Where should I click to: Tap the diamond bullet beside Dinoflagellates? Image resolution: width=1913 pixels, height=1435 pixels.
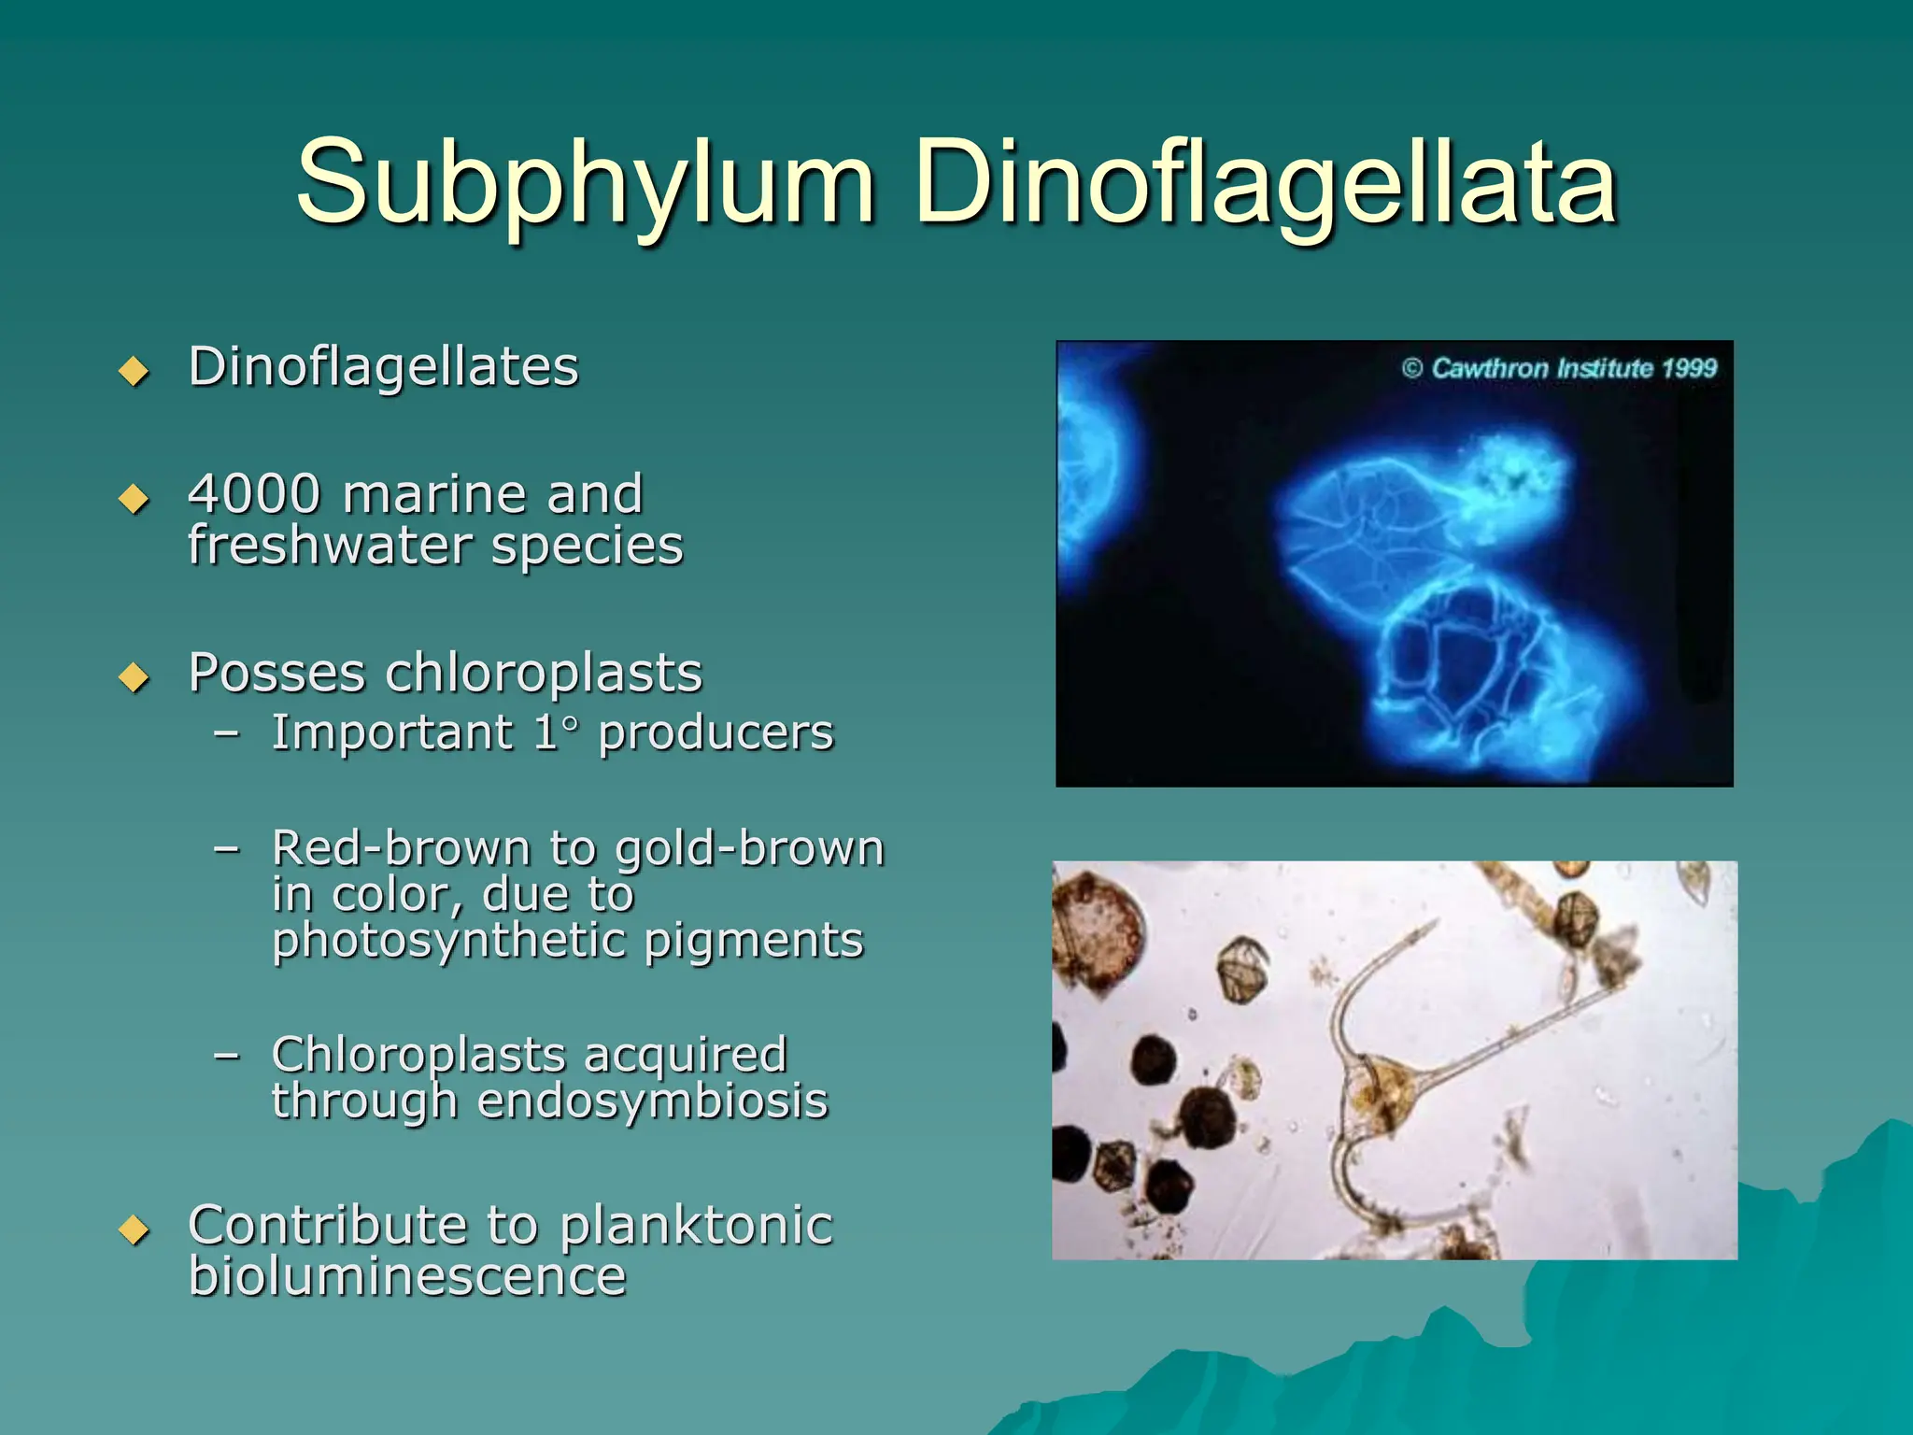click(135, 371)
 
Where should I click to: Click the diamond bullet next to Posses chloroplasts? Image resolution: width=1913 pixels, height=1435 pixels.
click(135, 676)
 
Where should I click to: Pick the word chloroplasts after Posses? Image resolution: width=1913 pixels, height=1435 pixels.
click(543, 673)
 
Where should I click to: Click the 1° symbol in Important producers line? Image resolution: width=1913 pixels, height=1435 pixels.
click(557, 732)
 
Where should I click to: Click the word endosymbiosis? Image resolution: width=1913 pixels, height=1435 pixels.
click(652, 1101)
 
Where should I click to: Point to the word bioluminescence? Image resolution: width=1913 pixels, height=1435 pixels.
click(406, 1276)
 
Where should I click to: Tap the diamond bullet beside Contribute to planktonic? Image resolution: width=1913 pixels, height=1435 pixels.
click(135, 1229)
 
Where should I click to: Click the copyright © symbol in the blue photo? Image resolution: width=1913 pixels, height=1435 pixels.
click(1411, 368)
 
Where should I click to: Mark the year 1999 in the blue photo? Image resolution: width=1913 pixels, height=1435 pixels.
click(1689, 368)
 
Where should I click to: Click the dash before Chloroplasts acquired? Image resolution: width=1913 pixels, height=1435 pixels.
click(226, 1056)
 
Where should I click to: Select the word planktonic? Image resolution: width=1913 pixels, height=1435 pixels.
click(696, 1225)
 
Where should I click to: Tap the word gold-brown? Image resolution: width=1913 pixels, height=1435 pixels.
click(749, 848)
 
